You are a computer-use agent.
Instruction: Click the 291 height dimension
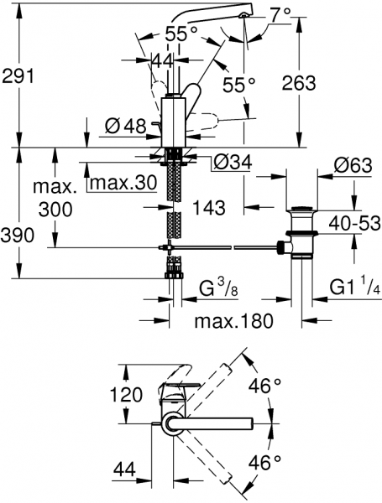[x=18, y=77]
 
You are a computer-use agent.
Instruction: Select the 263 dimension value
[x=299, y=83]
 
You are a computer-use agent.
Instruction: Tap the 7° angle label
[x=280, y=15]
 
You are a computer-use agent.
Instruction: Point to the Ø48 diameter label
[x=126, y=127]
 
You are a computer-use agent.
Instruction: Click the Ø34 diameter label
[x=233, y=163]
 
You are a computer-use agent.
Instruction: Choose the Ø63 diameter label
[x=353, y=166]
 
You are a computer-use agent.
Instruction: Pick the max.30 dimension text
[x=123, y=183]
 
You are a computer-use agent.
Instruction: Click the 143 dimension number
[x=209, y=208]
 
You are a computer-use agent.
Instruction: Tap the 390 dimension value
[x=17, y=236]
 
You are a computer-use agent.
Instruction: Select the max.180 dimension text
[x=234, y=321]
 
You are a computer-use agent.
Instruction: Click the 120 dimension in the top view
[x=126, y=394]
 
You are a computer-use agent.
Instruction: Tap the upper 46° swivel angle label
[x=264, y=386]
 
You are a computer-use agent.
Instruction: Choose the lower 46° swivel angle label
[x=264, y=463]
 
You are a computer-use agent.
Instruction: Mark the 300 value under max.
[x=55, y=210]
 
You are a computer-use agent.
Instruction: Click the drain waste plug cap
[x=301, y=209]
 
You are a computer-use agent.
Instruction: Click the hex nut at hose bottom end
[x=174, y=276]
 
